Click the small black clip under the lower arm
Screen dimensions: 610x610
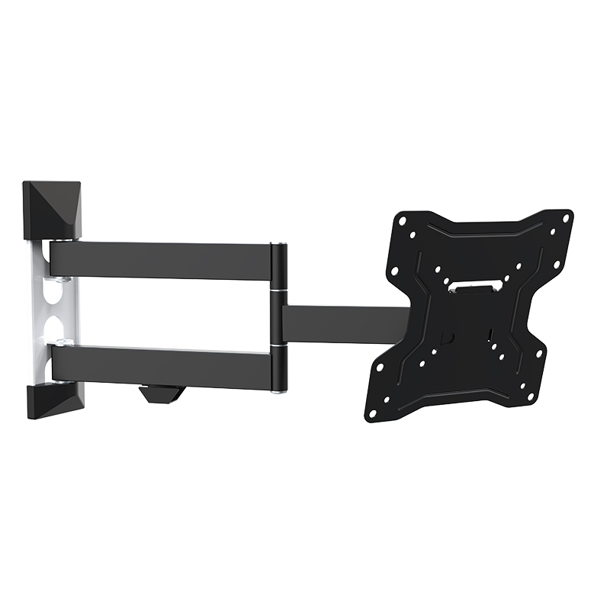click(x=161, y=393)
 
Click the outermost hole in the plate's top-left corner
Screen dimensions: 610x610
click(x=401, y=220)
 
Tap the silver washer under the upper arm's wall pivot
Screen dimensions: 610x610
click(x=63, y=278)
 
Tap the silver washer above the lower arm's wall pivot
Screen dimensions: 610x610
click(x=62, y=340)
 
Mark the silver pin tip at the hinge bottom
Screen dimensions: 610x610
click(x=280, y=392)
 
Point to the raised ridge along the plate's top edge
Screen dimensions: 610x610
click(x=488, y=229)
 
